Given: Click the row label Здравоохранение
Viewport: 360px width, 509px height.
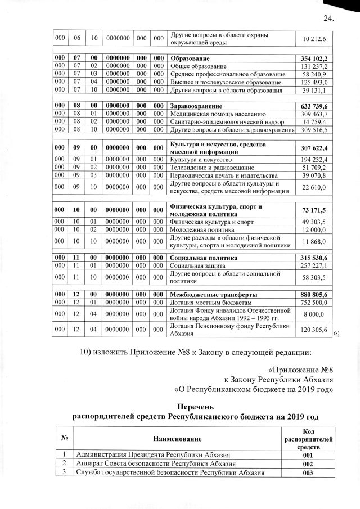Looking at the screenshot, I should (x=196, y=105).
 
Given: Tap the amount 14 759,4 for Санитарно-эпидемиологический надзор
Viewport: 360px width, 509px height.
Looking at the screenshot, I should (x=315, y=121).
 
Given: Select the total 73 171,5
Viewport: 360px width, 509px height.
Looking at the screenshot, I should (x=315, y=210).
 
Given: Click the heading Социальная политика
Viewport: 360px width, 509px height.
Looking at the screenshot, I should (x=202, y=257).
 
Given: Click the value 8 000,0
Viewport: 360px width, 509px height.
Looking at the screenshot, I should (x=317, y=315).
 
